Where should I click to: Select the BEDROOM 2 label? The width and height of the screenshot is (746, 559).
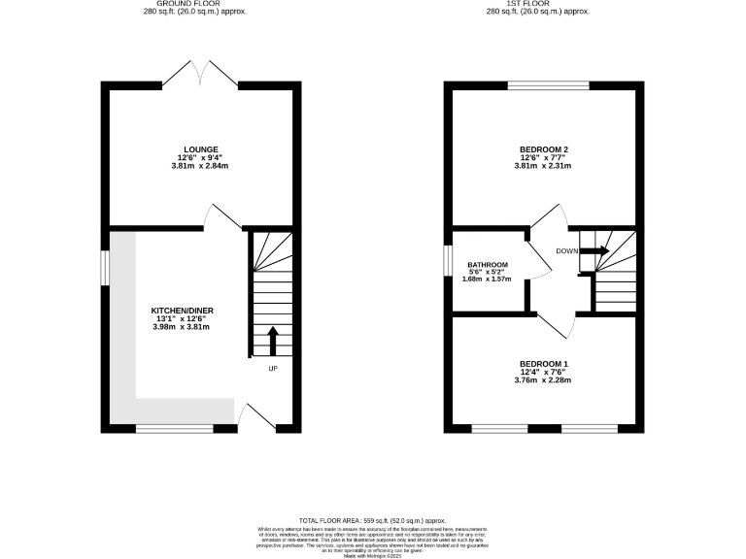543,149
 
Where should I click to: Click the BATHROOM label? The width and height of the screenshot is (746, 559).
488,264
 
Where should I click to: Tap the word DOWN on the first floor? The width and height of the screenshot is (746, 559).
567,251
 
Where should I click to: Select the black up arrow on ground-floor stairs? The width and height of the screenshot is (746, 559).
272,342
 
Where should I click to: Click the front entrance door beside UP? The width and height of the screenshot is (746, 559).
256,417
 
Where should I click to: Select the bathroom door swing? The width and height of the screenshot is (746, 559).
536,257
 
